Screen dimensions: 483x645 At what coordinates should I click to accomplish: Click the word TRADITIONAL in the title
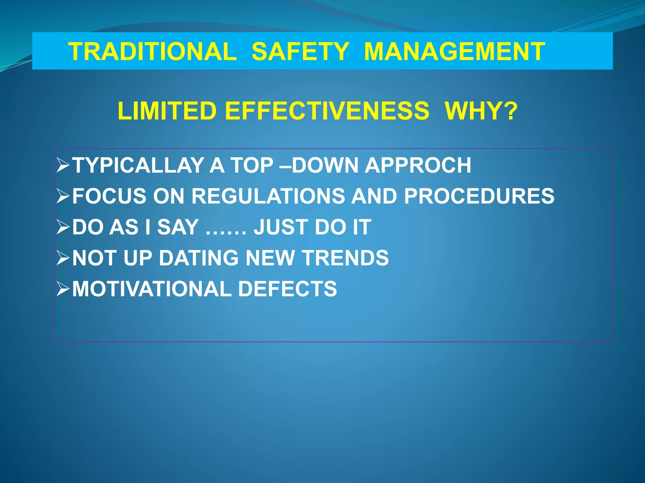click(x=153, y=52)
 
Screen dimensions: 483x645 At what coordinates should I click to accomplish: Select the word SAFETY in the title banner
click(x=300, y=52)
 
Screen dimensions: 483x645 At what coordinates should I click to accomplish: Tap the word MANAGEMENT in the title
click(x=454, y=52)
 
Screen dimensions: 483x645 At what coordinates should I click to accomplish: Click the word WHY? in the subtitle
click(x=481, y=111)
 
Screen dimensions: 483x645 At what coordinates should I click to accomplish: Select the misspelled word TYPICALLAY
click(x=138, y=165)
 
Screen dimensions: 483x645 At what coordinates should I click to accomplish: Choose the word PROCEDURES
click(x=479, y=196)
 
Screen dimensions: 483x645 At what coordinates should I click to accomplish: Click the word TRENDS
click(x=345, y=258)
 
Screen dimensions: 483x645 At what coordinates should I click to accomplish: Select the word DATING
click(x=199, y=258)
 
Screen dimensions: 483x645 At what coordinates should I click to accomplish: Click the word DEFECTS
click(x=288, y=289)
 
